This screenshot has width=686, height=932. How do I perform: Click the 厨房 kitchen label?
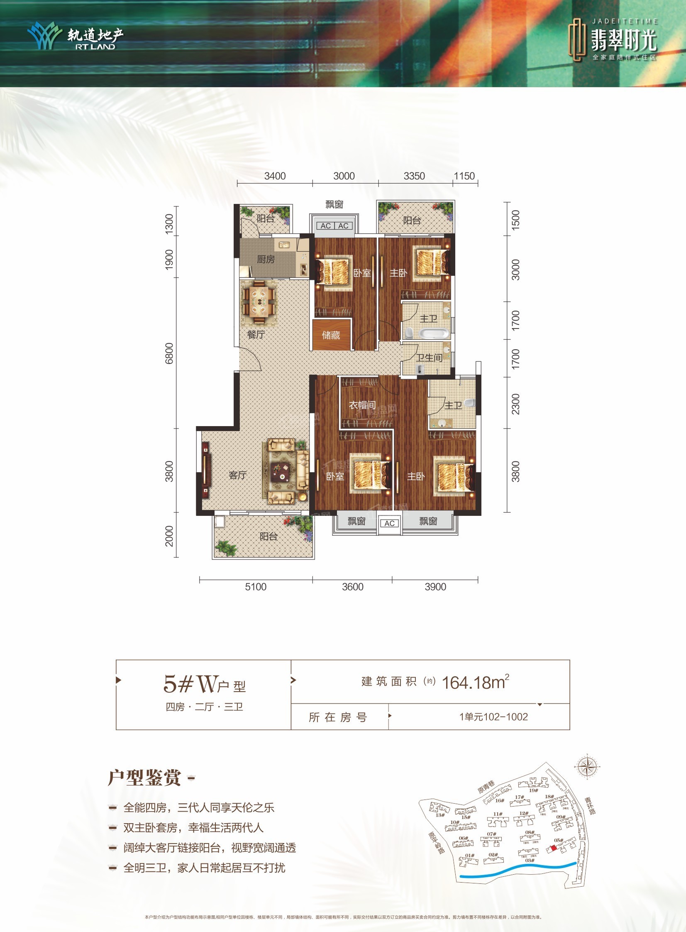pyautogui.click(x=266, y=259)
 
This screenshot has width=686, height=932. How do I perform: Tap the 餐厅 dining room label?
pyautogui.click(x=256, y=334)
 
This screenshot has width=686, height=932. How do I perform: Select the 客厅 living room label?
pyautogui.click(x=237, y=475)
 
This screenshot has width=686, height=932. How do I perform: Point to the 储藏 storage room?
pyautogui.click(x=331, y=334)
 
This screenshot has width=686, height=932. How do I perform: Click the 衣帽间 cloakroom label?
pyautogui.click(x=362, y=405)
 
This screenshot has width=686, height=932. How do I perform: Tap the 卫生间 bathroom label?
pyautogui.click(x=430, y=358)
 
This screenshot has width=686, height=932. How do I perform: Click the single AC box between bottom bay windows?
pyautogui.click(x=389, y=523)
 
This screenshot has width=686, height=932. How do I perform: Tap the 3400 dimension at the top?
pyautogui.click(x=275, y=176)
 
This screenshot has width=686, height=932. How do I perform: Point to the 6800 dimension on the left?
pyautogui.click(x=169, y=353)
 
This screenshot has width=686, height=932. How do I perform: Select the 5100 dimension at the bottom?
pyautogui.click(x=255, y=587)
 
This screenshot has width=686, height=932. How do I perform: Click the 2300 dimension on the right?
pyautogui.click(x=515, y=403)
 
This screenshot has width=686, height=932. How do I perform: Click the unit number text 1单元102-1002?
pyautogui.click(x=493, y=717)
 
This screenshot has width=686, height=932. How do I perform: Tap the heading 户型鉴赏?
pyautogui.click(x=144, y=778)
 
